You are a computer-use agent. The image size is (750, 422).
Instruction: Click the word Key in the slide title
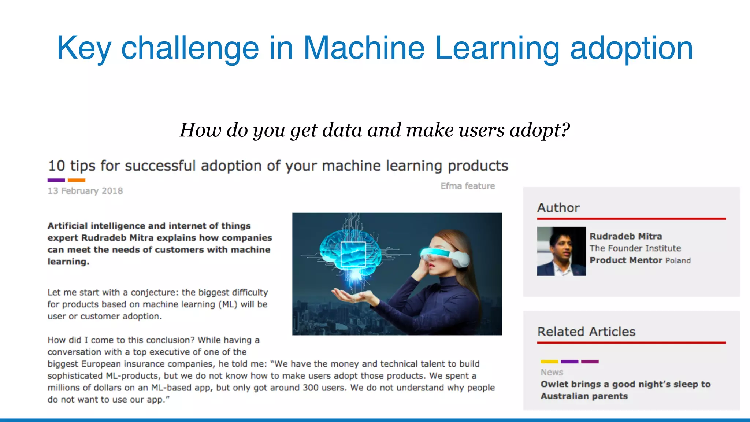(x=83, y=48)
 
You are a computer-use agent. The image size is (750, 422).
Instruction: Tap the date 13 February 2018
(x=85, y=191)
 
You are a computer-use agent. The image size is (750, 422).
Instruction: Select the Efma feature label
(x=468, y=186)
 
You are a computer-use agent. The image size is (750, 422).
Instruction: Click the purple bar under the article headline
(x=56, y=180)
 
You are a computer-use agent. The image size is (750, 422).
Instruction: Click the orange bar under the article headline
(x=77, y=180)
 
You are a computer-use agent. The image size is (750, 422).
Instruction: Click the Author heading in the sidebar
(x=558, y=208)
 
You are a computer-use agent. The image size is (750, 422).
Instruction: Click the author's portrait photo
(x=561, y=251)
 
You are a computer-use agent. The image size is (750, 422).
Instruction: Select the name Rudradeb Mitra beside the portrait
(x=625, y=236)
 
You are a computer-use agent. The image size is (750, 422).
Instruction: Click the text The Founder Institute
(x=635, y=248)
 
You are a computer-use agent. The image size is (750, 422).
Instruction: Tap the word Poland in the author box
(x=678, y=260)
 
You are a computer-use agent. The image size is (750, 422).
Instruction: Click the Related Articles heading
(x=586, y=332)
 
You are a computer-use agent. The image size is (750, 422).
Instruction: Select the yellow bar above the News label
(x=549, y=362)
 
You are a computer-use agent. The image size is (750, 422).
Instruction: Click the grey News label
(x=552, y=372)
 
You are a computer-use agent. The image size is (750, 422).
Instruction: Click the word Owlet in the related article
(x=552, y=384)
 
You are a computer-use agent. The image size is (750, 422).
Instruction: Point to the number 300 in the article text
(x=311, y=388)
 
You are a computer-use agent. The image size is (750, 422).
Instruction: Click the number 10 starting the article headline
(x=56, y=166)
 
